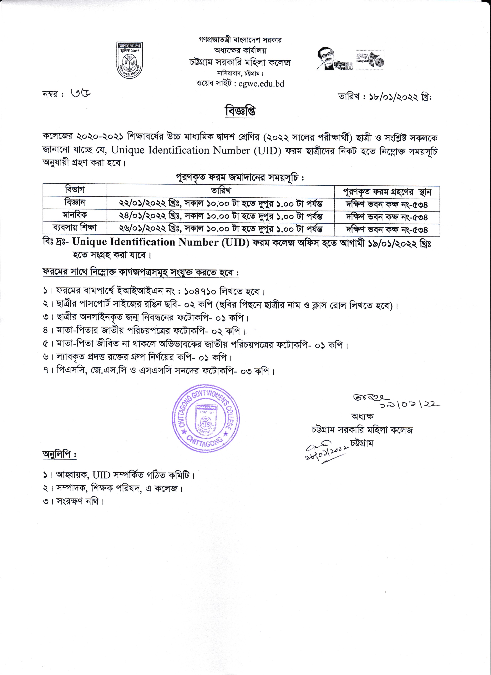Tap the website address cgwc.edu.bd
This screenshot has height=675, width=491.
261,84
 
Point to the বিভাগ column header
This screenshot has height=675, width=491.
75,190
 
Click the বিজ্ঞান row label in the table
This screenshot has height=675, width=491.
75,202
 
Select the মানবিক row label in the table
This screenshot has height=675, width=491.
75,215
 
